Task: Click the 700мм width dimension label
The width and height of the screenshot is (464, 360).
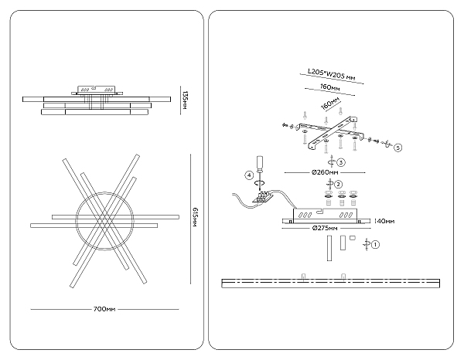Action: [104, 309]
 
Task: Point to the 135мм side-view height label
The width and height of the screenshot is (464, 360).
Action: [184, 100]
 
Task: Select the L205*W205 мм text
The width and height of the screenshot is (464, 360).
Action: [331, 74]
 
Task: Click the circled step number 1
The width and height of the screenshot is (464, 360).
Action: [376, 245]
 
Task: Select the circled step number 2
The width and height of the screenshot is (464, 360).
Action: [339, 184]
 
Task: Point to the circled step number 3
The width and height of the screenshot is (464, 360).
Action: [341, 162]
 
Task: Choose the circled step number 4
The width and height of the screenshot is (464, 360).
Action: [249, 175]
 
